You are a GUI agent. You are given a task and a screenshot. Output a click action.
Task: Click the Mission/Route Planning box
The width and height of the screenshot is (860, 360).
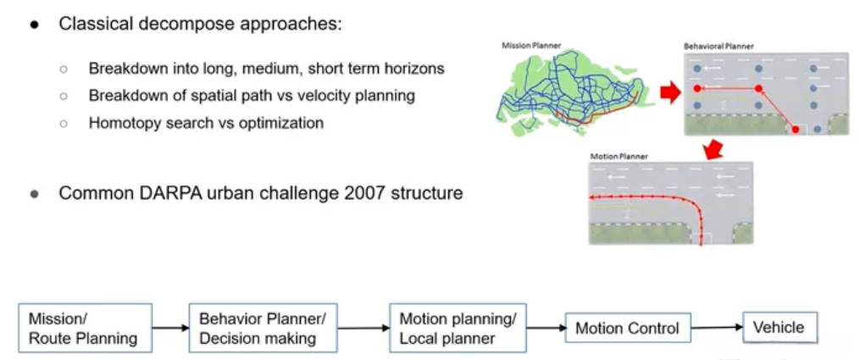click(84, 328)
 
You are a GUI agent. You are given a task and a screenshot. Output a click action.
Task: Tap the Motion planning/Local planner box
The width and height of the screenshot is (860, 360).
click(458, 328)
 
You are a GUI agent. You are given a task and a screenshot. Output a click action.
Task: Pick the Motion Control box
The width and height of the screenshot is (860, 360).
click(628, 328)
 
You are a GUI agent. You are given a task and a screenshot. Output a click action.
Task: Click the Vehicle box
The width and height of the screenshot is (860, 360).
click(780, 326)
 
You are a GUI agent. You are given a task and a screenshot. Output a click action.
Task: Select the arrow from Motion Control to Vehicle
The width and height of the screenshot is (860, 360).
click(717, 327)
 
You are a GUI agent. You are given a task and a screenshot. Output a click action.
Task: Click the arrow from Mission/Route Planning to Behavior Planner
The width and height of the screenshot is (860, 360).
click(170, 328)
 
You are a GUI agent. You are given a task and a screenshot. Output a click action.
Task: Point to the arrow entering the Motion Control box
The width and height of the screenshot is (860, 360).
click(546, 328)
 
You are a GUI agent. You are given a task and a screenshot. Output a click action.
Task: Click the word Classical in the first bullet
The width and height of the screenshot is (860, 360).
click(92, 24)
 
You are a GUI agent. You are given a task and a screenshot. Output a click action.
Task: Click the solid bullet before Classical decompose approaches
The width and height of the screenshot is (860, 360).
click(35, 24)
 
